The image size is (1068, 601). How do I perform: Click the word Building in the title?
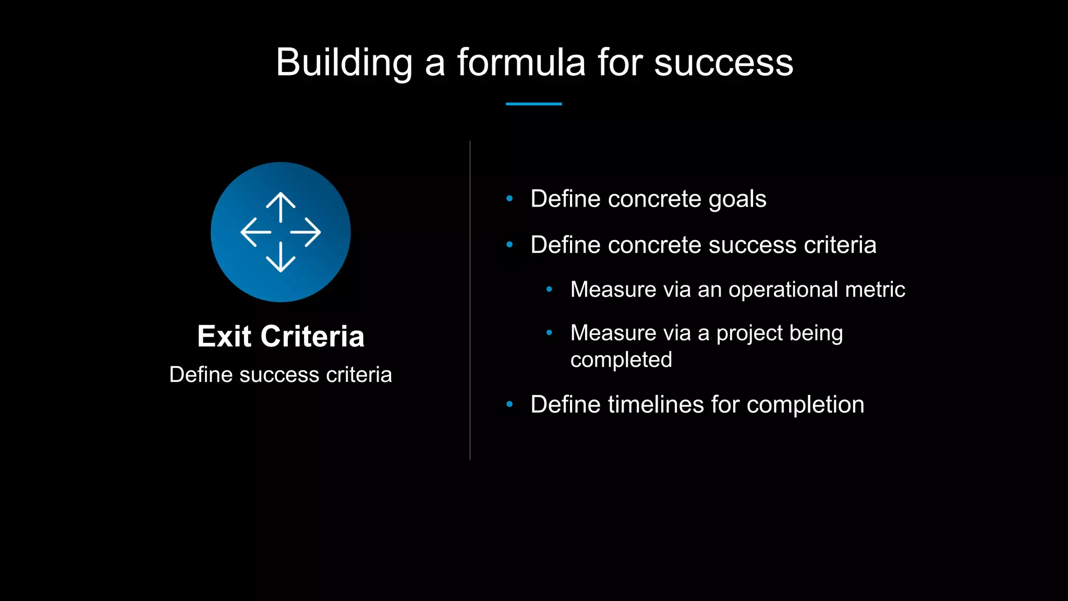point(344,63)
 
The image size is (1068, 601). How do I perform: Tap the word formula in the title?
point(521,63)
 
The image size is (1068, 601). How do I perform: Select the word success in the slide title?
point(723,63)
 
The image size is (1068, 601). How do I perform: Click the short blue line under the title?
point(533,104)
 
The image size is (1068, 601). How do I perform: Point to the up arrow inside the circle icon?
point(281,207)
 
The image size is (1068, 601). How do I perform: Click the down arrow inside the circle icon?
point(281,258)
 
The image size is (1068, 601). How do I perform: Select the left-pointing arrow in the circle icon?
point(255,232)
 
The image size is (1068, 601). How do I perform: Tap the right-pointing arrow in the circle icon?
point(306,232)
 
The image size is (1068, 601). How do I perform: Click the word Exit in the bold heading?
point(224,336)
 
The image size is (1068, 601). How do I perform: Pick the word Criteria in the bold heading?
point(312,336)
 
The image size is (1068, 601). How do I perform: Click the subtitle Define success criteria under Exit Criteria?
point(281,375)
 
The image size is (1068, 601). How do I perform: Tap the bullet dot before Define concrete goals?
point(509,198)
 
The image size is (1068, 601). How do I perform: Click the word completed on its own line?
point(621,360)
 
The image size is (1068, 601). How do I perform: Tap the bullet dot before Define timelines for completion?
point(509,404)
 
